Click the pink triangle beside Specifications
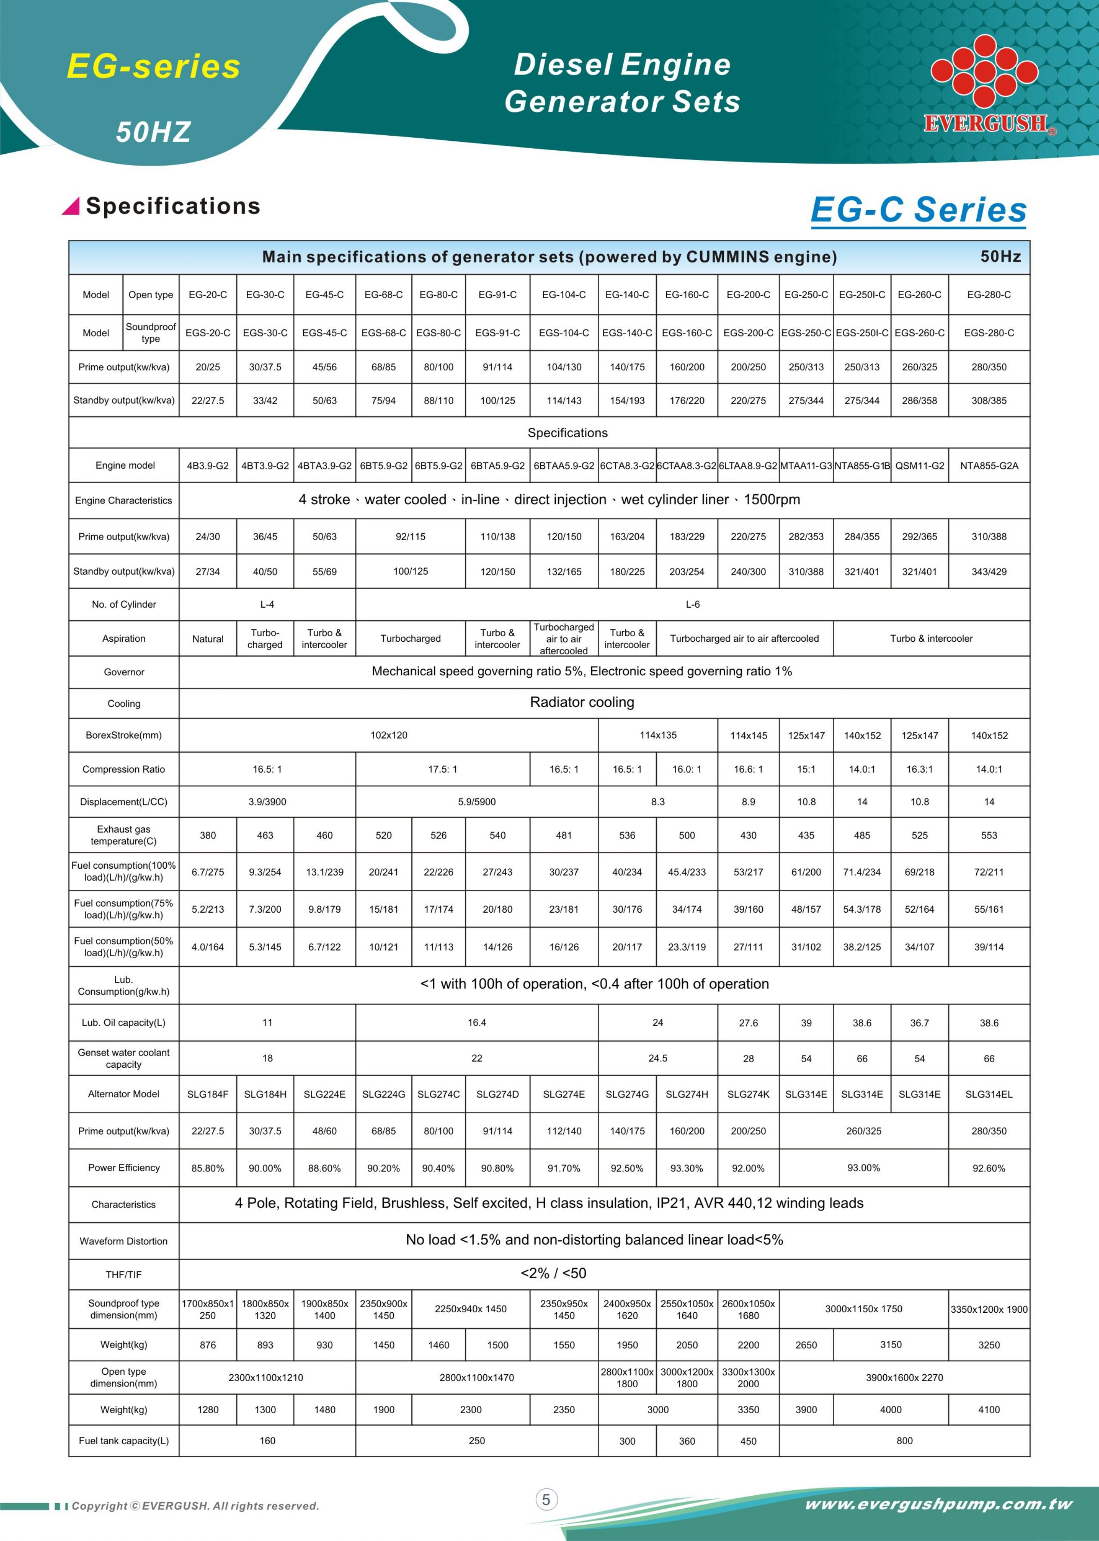71,206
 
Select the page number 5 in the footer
546,1499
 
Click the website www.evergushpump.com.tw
938,1504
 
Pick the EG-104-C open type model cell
564,295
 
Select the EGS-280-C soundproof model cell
989,333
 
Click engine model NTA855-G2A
989,466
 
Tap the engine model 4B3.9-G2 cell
208,466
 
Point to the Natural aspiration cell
208,639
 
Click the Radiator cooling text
582,702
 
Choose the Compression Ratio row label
124,770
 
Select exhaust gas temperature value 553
989,835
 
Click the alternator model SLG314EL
989,1094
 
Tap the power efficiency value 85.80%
208,1168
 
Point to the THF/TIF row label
124,1275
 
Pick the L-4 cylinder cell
267,604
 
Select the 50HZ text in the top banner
154,132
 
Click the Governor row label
124,672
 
